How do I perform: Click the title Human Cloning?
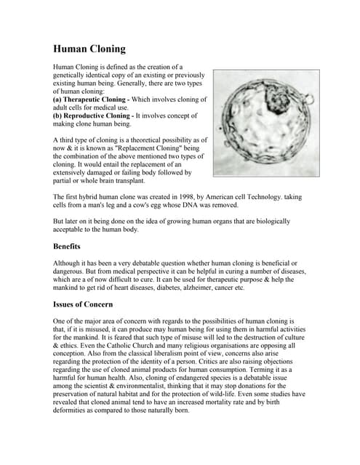point(89,49)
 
